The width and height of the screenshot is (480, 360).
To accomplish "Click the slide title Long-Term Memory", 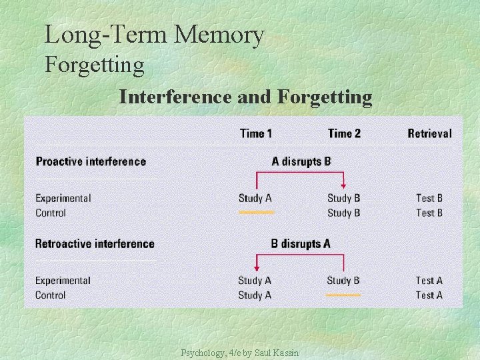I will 154,35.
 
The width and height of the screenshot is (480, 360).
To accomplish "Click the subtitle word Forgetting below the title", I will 94,65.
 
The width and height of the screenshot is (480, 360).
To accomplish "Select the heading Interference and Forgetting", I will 245,97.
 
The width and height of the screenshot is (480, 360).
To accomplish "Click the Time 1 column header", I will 256,133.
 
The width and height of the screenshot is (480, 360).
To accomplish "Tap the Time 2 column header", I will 344,133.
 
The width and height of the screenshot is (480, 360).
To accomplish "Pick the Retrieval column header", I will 429,133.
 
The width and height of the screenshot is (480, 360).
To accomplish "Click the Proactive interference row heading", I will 91,161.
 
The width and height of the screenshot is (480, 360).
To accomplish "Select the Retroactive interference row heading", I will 95,244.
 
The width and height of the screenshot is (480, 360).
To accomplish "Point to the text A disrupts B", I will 301,161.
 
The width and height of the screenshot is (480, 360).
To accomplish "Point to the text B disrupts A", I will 301,244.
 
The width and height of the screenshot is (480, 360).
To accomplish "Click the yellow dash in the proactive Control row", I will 257,213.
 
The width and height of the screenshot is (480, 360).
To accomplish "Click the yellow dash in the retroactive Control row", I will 343,295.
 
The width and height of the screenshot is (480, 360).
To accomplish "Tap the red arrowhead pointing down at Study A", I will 257,269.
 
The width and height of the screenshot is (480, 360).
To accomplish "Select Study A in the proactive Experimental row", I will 255,198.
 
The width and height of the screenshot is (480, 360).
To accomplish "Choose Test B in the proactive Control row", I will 429,213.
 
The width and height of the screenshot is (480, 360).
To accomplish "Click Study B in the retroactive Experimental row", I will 343,281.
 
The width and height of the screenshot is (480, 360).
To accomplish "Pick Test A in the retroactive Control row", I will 429,295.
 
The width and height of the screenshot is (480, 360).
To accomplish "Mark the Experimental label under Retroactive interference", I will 63,281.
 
